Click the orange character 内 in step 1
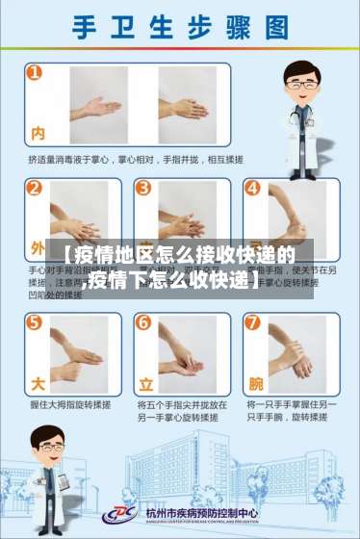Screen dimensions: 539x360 click(39, 133)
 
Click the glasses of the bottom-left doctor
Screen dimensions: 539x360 click(44, 445)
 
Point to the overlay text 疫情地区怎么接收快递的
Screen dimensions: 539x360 click(180, 255)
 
